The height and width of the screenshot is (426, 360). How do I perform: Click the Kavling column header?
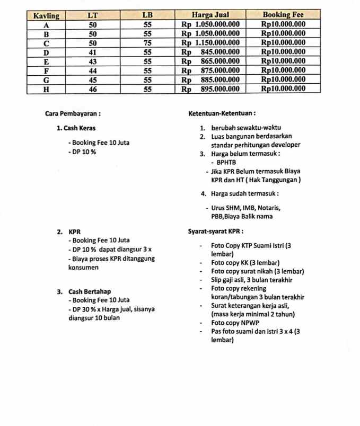click(x=46, y=15)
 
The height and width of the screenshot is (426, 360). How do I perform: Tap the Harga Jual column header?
click(x=209, y=15)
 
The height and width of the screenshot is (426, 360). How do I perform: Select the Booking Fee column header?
click(x=283, y=15)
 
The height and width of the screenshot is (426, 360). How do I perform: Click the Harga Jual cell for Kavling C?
click(x=210, y=42)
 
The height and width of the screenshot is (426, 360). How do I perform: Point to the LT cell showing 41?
click(x=92, y=52)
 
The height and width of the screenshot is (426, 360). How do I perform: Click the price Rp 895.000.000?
click(x=210, y=89)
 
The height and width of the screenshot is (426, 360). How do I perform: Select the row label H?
click(x=46, y=89)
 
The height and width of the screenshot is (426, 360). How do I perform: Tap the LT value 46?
click(x=92, y=89)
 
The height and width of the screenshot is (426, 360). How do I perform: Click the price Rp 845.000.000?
click(x=210, y=52)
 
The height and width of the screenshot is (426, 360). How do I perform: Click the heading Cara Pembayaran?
click(x=73, y=113)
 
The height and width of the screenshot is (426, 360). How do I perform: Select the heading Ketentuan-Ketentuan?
click(x=222, y=113)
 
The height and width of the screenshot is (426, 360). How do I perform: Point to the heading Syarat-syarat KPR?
click(x=215, y=232)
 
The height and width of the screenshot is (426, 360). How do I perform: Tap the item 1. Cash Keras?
click(x=76, y=128)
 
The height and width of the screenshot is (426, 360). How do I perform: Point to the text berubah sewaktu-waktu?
click(x=245, y=128)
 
